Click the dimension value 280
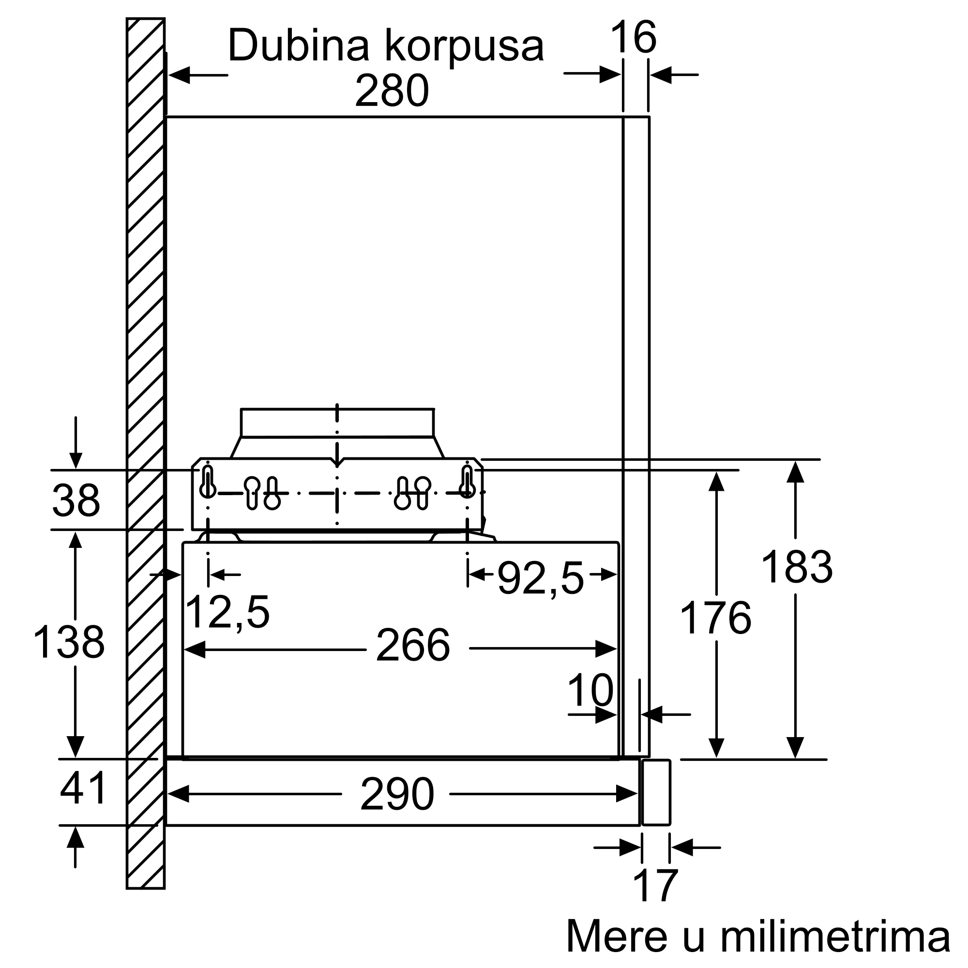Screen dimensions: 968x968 [x=392, y=91]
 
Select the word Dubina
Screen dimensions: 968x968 [x=299, y=45]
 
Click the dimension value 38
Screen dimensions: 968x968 [x=76, y=500]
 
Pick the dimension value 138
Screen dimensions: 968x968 [x=69, y=642]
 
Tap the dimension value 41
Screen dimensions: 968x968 [x=83, y=787]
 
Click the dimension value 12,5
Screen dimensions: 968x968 [x=227, y=612]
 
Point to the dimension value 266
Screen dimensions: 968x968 [x=413, y=645]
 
